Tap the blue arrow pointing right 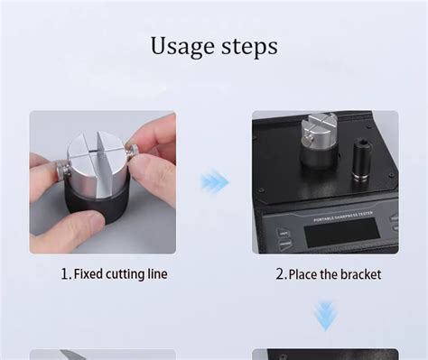coord(214,181)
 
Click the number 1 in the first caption coord(65,273)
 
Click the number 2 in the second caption coord(281,273)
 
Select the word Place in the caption coord(306,273)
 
